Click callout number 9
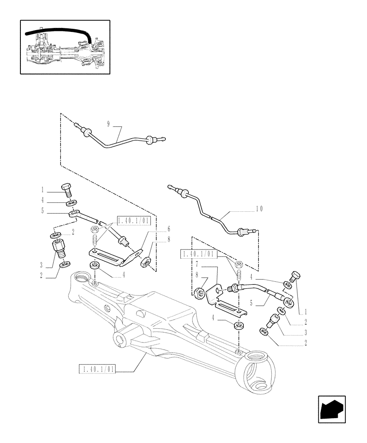pyautogui.click(x=108, y=124)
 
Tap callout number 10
pyautogui.click(x=259, y=208)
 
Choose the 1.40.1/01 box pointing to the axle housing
pyautogui.click(x=97, y=369)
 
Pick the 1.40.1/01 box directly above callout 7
pyautogui.click(x=198, y=254)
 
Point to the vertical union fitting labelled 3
pyautogui.click(x=59, y=249)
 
